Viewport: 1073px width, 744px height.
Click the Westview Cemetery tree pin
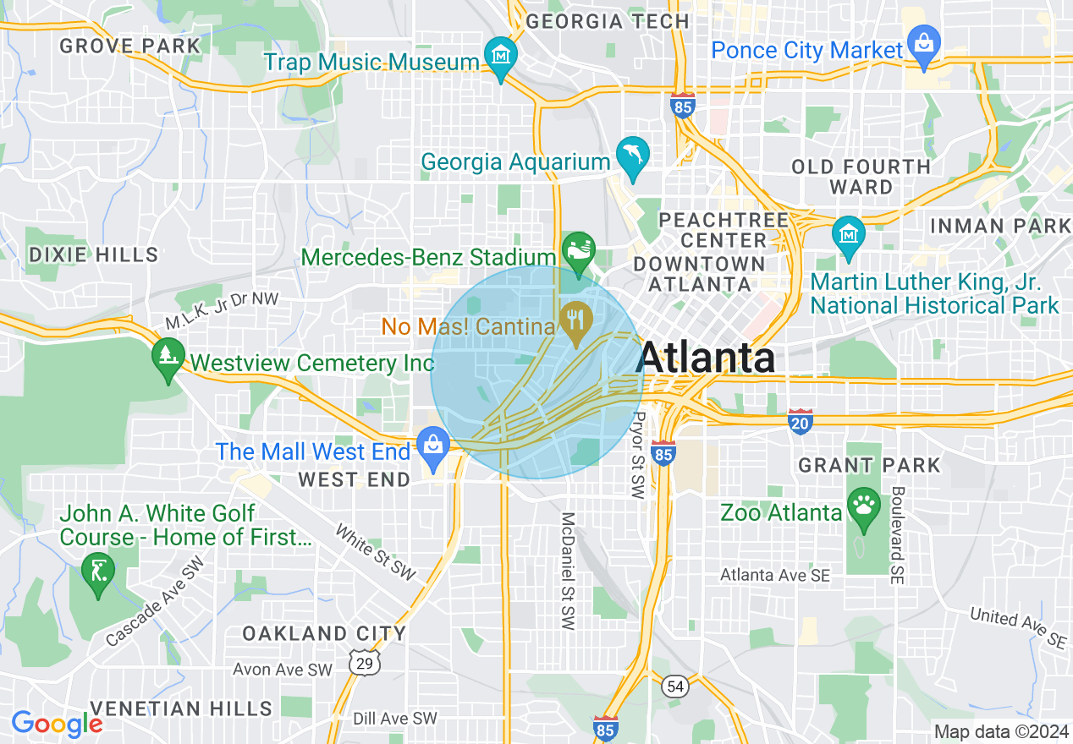(x=168, y=356)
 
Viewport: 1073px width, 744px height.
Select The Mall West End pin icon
(x=433, y=445)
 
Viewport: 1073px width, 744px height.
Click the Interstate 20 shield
(x=800, y=422)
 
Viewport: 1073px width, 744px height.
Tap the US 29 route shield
(x=365, y=663)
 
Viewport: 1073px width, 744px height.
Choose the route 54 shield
(x=674, y=686)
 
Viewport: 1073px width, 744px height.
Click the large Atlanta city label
(x=706, y=358)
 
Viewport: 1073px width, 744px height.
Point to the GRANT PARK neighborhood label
(x=869, y=465)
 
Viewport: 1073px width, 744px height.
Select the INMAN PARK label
(x=1000, y=226)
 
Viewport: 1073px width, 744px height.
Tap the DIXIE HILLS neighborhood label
(x=93, y=254)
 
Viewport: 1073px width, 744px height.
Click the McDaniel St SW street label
(x=567, y=571)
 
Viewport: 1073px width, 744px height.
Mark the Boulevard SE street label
(x=897, y=535)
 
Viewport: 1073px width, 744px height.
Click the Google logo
(x=57, y=724)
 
